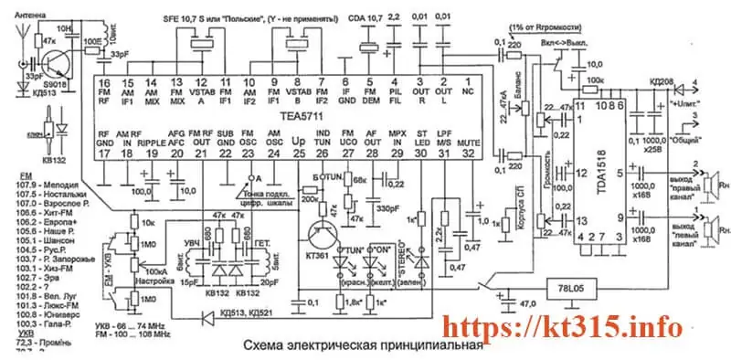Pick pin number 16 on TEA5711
click(105, 82)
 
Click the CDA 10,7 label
click(365, 17)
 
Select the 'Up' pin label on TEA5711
click(298, 143)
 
